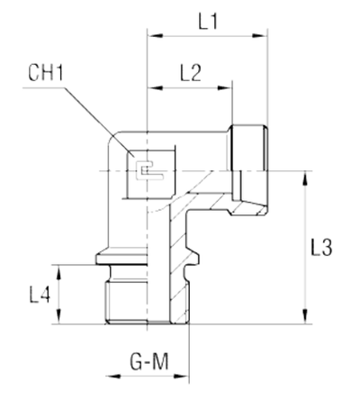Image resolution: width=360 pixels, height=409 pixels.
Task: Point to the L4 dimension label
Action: pyautogui.click(x=39, y=294)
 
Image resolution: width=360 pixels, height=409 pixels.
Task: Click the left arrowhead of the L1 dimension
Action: pyautogui.click(x=152, y=37)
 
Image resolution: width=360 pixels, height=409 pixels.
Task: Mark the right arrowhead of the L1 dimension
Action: pyautogui.click(x=264, y=37)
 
